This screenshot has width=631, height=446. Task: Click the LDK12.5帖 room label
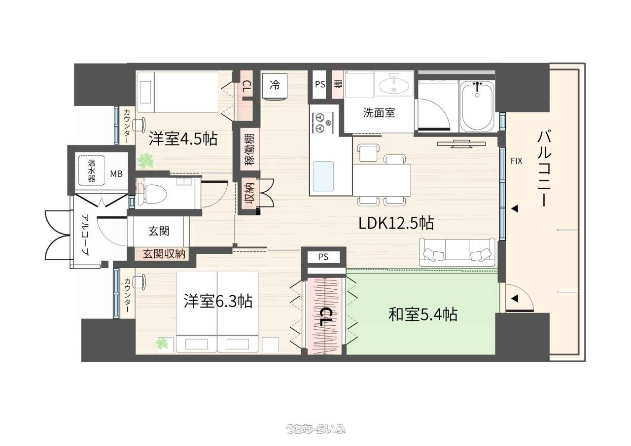(x=396, y=223)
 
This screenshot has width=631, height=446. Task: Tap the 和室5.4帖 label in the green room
(x=422, y=314)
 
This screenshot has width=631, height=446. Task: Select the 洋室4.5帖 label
(x=183, y=138)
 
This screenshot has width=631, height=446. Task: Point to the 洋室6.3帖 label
(x=218, y=301)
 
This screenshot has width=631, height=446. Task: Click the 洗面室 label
(x=379, y=113)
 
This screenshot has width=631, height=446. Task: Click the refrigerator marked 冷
(x=275, y=86)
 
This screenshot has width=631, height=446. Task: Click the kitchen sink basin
(x=323, y=176)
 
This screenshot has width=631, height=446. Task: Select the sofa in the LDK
(x=457, y=252)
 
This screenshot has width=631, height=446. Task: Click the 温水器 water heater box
(x=91, y=171)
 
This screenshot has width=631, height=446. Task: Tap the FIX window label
(x=516, y=161)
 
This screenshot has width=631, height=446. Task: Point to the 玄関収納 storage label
(x=164, y=254)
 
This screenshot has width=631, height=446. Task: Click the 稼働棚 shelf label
(x=249, y=149)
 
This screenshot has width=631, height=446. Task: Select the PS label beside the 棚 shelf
(x=320, y=84)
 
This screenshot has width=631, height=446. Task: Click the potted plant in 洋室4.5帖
(x=145, y=161)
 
